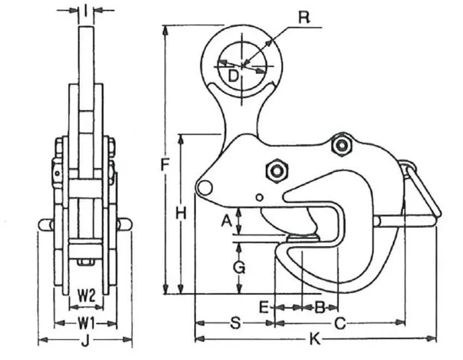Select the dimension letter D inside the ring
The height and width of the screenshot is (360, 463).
(x=233, y=77)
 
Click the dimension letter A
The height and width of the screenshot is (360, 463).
(x=226, y=222)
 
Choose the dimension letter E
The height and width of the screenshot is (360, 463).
(x=263, y=306)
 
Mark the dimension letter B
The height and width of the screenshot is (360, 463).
(x=319, y=306)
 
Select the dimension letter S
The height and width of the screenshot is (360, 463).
(x=234, y=324)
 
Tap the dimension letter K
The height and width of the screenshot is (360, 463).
(x=316, y=340)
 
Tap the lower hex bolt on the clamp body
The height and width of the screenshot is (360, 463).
(x=275, y=171)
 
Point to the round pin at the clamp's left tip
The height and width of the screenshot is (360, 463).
(x=205, y=188)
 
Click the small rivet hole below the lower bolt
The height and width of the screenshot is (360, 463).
(x=259, y=197)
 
